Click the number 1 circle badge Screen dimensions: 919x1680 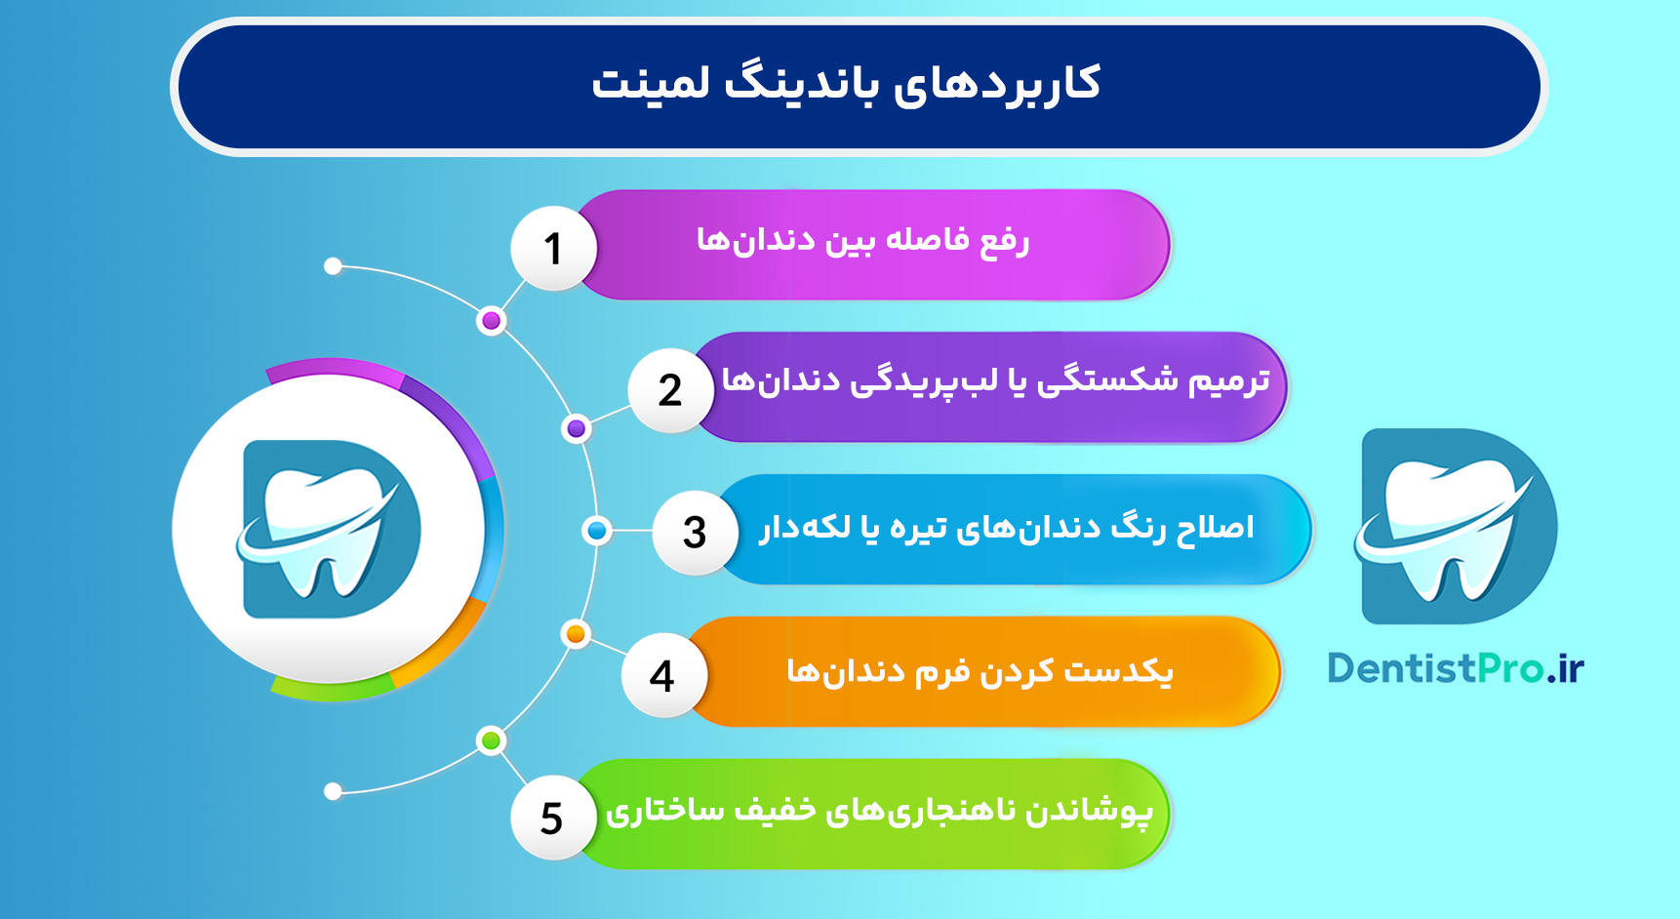pyautogui.click(x=553, y=249)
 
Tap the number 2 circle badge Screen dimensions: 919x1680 pyautogui.click(x=670, y=390)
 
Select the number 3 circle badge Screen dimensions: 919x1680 pyautogui.click(x=695, y=533)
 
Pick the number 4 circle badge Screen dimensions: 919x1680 pyautogui.click(x=662, y=675)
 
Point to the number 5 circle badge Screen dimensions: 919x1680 pyautogui.click(x=552, y=818)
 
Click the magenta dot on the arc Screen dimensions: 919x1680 pyautogui.click(x=492, y=321)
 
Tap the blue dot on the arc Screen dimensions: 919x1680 pyautogui.click(x=596, y=531)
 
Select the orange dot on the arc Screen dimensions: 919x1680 pyautogui.click(x=576, y=634)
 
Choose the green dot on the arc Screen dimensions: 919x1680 pyautogui.click(x=492, y=740)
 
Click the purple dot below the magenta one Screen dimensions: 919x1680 pyautogui.click(x=577, y=428)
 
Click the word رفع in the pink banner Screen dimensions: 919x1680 pyautogui.click(x=1005, y=240)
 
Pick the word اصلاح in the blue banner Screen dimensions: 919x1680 pyautogui.click(x=1215, y=528)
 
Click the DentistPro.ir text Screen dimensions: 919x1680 pyautogui.click(x=1455, y=669)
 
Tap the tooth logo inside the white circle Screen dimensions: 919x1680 pyautogui.click(x=329, y=529)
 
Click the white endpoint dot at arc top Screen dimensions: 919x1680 pyautogui.click(x=333, y=266)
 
